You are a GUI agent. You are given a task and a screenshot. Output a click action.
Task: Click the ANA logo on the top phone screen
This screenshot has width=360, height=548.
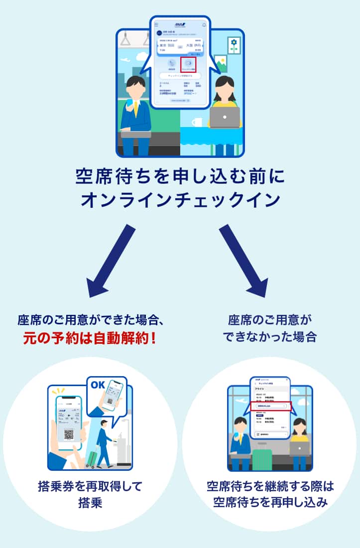[x=180, y=24]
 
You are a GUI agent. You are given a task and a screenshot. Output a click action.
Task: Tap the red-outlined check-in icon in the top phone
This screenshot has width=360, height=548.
[x=188, y=64]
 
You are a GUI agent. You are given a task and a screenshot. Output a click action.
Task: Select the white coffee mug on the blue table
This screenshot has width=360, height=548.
[x=197, y=122]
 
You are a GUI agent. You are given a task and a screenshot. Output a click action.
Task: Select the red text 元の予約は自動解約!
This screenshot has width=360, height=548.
[x=90, y=338]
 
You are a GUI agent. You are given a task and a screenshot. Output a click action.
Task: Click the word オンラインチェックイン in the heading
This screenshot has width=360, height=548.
[x=180, y=200]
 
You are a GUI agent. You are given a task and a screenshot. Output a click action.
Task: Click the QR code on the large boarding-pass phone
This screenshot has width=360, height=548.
[x=69, y=434]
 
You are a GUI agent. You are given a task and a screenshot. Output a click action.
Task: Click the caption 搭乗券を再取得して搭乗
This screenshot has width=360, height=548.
[x=90, y=494]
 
